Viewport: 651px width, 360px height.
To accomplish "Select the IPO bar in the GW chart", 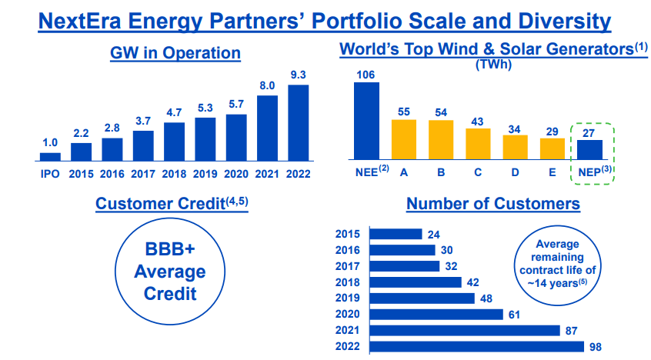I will [x=50, y=157].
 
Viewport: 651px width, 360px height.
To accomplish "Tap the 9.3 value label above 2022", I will [x=299, y=75].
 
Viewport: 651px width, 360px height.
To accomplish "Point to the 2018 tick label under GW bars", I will [x=175, y=173].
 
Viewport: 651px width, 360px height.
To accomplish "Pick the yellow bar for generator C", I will [x=478, y=145].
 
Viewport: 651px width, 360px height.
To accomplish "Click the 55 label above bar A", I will [x=403, y=112].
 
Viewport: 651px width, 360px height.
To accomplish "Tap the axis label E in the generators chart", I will [x=552, y=173].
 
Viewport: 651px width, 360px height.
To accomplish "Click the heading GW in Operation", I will [x=175, y=53].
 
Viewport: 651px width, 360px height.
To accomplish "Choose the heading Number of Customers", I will [x=493, y=204].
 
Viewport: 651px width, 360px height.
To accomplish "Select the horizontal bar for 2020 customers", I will [x=436, y=315].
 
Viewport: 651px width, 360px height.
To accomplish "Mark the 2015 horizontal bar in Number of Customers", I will [x=396, y=234].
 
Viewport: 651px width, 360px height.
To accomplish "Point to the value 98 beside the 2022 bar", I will [x=595, y=347].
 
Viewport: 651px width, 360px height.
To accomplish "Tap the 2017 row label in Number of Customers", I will [x=349, y=266].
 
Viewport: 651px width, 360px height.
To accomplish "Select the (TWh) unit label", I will [x=492, y=65].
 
